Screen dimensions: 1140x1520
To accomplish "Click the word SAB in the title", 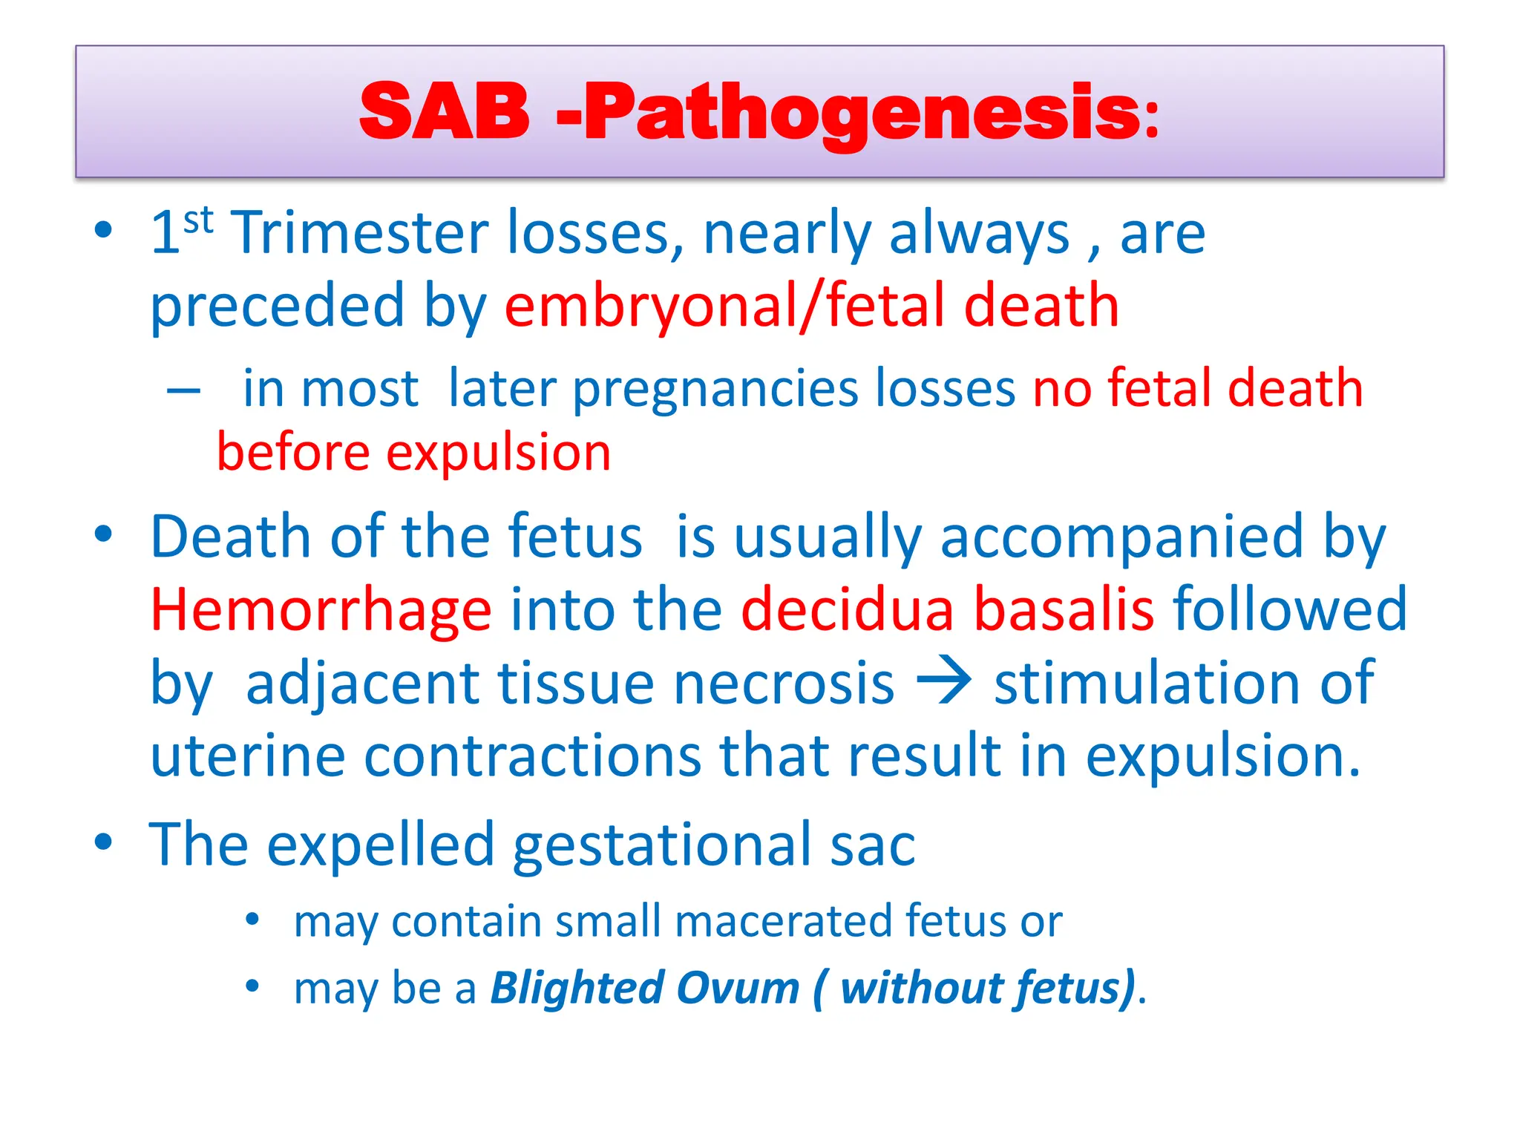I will click(444, 111).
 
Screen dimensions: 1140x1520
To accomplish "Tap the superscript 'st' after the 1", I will click(198, 220).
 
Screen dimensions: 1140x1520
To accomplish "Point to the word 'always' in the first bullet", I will click(979, 234).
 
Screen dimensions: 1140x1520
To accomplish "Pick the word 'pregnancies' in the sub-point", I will click(714, 389).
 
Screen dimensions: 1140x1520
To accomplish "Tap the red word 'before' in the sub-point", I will click(292, 452).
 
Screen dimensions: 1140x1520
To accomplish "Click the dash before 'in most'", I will click(183, 390).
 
